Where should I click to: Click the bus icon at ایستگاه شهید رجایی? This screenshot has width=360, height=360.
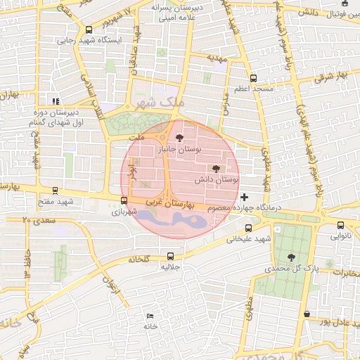click(x=89, y=30)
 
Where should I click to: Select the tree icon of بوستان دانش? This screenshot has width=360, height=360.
click(x=215, y=169)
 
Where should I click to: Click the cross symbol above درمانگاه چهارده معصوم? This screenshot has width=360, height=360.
click(x=244, y=196)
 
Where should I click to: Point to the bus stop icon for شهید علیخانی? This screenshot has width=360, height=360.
click(x=248, y=228)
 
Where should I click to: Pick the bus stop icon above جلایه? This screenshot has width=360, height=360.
click(x=171, y=256)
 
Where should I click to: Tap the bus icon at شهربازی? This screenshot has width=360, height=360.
click(x=124, y=200)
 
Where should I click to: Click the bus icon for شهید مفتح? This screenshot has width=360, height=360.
click(x=56, y=191)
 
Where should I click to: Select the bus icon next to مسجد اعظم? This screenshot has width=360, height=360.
click(x=253, y=79)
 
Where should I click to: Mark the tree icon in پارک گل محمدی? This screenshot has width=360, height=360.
click(x=291, y=257)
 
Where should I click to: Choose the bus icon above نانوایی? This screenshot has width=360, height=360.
click(x=340, y=226)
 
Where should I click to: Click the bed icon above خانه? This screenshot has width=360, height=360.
click(x=149, y=316)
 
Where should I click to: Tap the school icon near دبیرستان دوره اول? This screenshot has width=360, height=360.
click(x=56, y=101)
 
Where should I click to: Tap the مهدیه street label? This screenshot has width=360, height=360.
click(x=216, y=57)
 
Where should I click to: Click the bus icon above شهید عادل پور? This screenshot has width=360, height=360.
click(x=307, y=314)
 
